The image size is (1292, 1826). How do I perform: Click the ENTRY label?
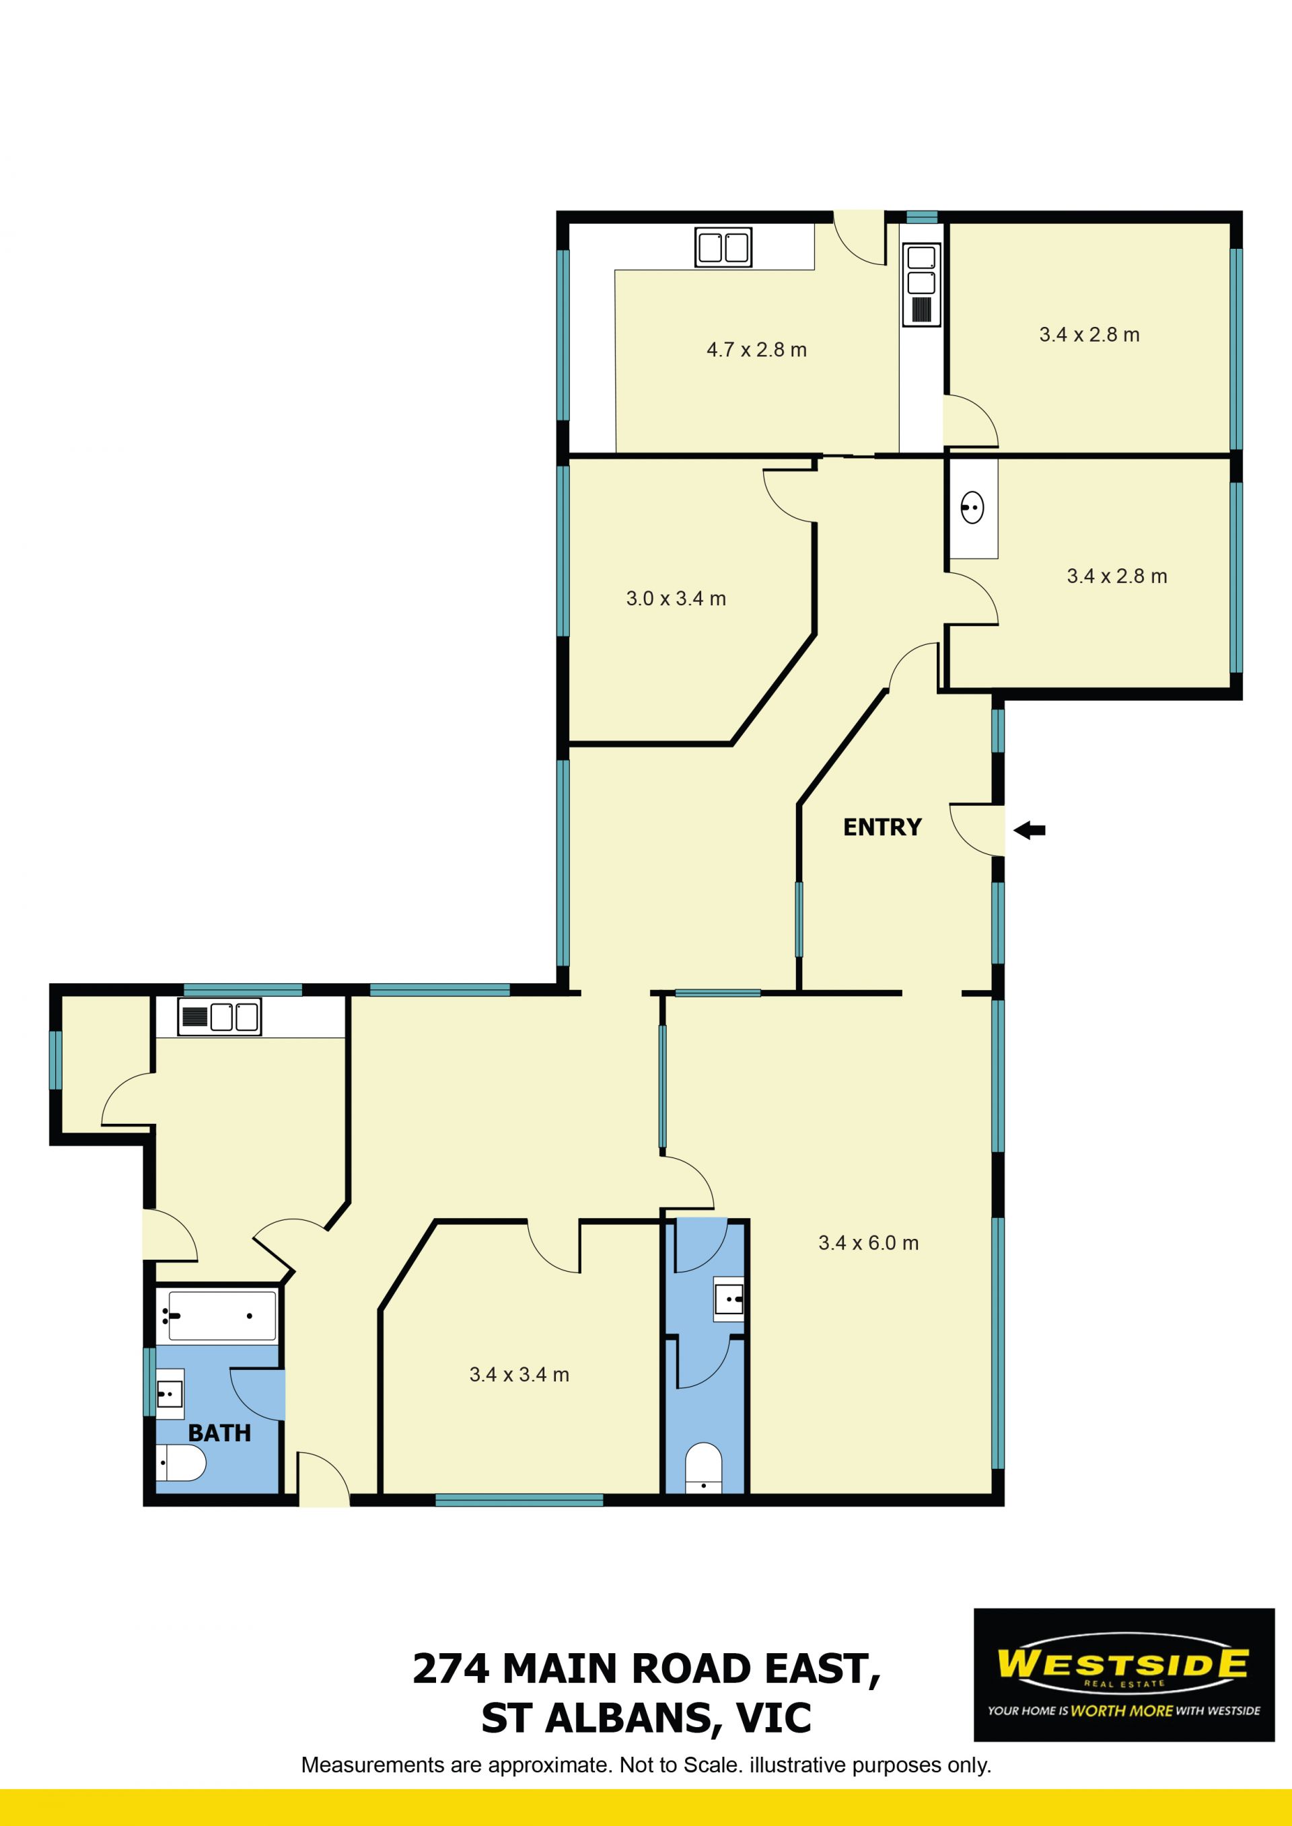point(882,827)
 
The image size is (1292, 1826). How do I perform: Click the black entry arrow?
point(1030,831)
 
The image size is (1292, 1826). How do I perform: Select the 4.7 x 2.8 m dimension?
point(756,350)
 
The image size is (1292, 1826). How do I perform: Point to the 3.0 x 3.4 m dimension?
point(676,599)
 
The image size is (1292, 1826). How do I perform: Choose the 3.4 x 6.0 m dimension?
point(868,1243)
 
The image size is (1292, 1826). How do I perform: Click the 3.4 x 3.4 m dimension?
point(519,1374)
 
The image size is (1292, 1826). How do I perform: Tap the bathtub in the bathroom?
point(217,1316)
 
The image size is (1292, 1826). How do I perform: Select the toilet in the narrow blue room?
point(703,1468)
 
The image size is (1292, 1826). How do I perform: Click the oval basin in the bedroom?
point(972,507)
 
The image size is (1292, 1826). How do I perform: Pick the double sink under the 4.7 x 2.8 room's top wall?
point(723,247)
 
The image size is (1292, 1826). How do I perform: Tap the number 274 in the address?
point(450,1669)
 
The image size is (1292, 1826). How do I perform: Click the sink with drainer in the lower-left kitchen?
point(219,1016)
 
